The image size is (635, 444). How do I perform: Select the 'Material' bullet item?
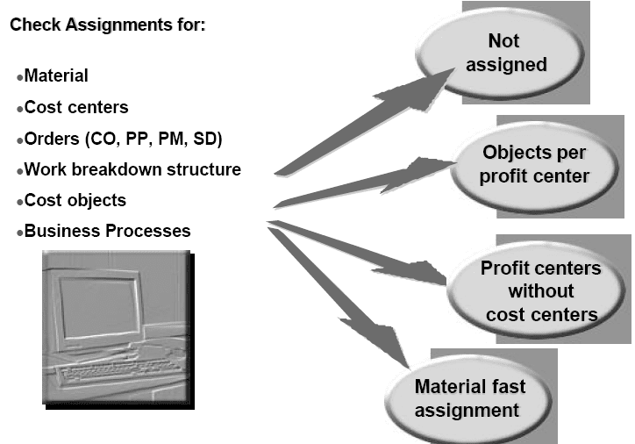[56, 76]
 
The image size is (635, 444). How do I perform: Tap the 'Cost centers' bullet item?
[76, 107]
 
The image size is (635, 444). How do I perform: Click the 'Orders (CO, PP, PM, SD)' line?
[123, 139]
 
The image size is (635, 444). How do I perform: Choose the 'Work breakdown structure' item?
[132, 169]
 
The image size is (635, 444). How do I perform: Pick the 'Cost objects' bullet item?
[75, 200]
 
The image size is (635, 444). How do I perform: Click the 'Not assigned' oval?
[503, 54]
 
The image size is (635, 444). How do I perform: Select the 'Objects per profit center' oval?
[535, 164]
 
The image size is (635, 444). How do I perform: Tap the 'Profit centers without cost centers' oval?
[539, 290]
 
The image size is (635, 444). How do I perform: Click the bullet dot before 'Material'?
[19, 78]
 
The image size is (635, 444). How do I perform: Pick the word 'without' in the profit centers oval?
[540, 290]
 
